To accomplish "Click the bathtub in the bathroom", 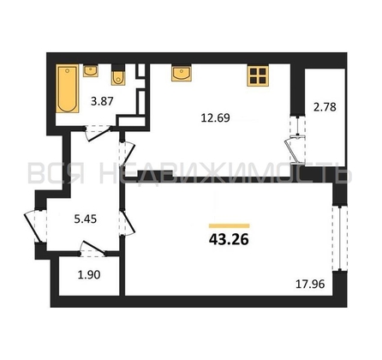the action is (x=68, y=88).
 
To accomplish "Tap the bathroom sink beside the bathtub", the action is (x=91, y=71).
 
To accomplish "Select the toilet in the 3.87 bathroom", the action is (x=118, y=75).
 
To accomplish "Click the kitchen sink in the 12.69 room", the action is (x=182, y=73).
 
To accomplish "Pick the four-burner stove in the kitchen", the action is (x=258, y=75).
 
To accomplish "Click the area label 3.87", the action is (x=102, y=101).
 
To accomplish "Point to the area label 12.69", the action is (x=216, y=117).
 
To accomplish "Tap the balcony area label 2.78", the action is (x=325, y=107).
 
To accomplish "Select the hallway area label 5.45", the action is (x=86, y=219).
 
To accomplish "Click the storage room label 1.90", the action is (x=89, y=275).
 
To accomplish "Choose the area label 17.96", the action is (x=310, y=285).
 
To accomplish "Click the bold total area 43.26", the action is (x=229, y=239).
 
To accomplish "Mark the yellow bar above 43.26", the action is (x=230, y=225).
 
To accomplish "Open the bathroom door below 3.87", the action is (x=98, y=133).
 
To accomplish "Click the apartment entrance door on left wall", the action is (x=35, y=226).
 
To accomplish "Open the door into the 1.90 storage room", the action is (x=93, y=249).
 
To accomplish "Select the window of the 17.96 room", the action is (x=340, y=238).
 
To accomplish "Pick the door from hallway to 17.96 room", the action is (x=127, y=222).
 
